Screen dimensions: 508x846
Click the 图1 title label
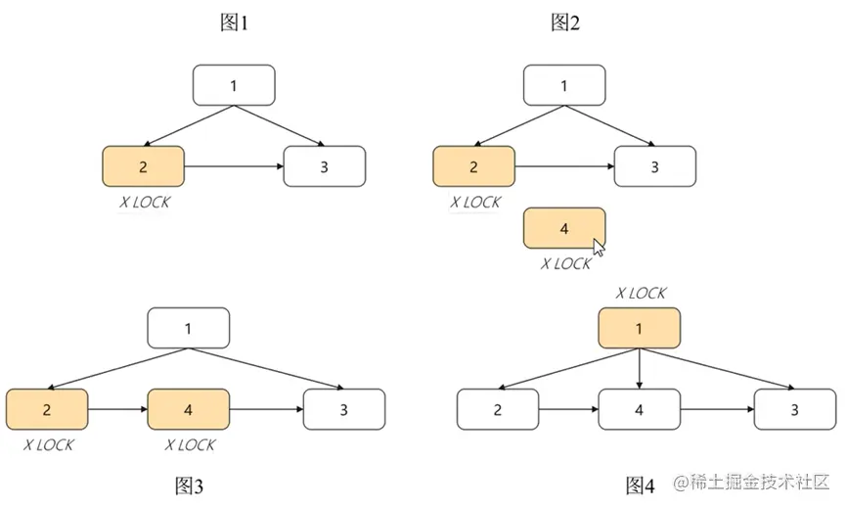point(234,23)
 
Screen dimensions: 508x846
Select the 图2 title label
point(564,23)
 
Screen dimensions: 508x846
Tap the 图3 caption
point(190,485)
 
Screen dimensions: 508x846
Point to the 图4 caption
point(640,485)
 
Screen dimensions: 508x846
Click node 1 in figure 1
point(234,85)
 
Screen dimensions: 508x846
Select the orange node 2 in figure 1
point(143,166)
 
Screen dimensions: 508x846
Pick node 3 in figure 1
point(325,166)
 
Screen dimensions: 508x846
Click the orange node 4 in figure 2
point(563,229)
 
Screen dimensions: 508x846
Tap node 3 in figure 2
point(655,166)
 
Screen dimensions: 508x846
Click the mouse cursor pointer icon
point(600,247)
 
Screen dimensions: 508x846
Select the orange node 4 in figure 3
point(188,409)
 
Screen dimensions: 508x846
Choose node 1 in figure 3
point(188,328)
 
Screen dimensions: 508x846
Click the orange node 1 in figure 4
point(639,329)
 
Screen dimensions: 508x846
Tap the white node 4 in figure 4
point(639,409)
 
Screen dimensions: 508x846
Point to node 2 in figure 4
point(498,409)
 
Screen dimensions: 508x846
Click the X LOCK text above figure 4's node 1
point(641,293)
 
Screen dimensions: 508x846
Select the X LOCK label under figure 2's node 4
point(566,264)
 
